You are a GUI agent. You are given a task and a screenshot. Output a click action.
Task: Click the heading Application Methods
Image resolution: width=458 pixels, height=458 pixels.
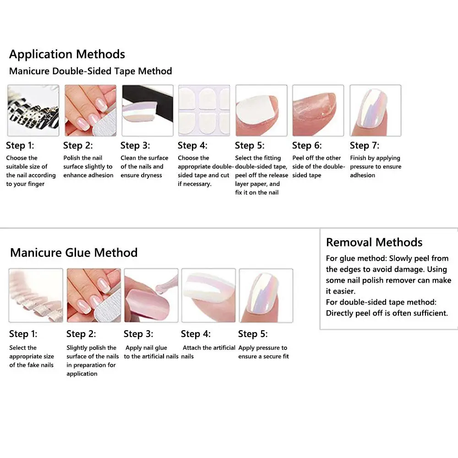click(x=67, y=54)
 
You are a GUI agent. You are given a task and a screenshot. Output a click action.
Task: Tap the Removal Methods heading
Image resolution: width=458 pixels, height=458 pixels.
click(x=374, y=242)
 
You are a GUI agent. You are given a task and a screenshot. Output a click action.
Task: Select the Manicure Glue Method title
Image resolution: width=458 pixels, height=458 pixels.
click(x=74, y=252)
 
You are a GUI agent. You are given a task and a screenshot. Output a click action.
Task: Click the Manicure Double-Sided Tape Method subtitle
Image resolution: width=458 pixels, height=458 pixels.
click(x=91, y=71)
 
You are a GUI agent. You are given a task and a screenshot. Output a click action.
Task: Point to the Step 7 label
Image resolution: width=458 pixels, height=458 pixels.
click(x=364, y=146)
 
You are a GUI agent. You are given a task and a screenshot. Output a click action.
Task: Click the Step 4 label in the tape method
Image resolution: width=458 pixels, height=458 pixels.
click(x=192, y=146)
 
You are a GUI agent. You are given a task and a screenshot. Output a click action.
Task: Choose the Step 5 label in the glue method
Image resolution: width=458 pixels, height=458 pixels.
click(x=253, y=334)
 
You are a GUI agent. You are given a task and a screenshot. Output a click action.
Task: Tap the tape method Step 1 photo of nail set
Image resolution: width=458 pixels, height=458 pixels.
click(x=33, y=110)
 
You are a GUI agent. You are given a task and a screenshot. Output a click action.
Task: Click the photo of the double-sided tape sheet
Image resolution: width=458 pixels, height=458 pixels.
click(x=204, y=110)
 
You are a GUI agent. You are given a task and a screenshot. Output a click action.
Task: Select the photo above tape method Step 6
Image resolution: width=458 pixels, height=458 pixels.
click(x=318, y=110)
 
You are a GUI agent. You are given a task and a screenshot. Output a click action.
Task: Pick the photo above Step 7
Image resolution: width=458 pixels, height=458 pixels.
click(x=375, y=110)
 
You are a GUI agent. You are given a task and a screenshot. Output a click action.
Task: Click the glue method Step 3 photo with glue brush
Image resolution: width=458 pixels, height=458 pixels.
click(x=151, y=295)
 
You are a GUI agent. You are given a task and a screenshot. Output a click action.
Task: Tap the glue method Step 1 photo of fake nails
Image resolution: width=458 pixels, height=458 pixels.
click(x=36, y=295)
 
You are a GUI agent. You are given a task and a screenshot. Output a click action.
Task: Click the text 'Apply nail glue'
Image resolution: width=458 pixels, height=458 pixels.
click(x=147, y=348)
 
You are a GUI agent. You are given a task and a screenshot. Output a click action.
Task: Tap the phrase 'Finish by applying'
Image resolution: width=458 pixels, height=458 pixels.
click(x=375, y=158)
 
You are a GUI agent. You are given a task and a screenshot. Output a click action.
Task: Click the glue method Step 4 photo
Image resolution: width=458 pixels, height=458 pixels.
click(x=209, y=295)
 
